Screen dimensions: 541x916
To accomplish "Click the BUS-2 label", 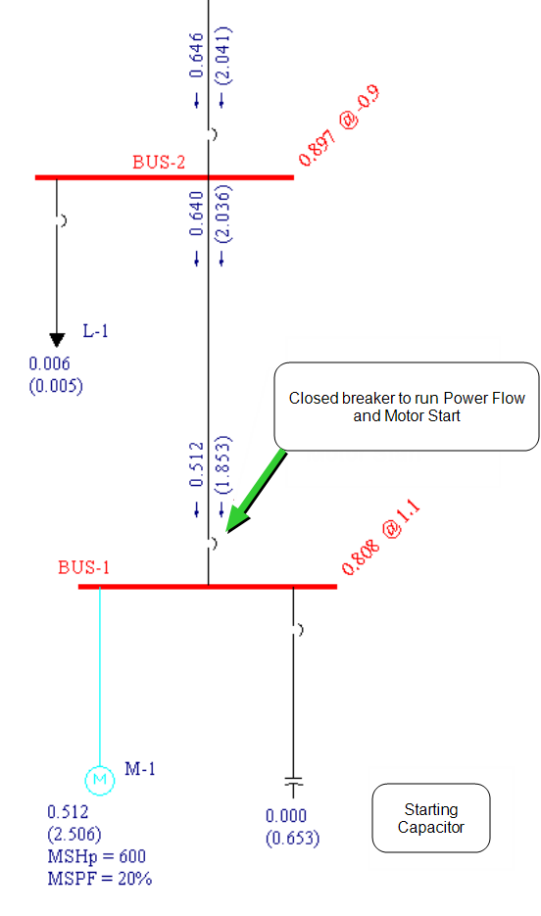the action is [159, 162].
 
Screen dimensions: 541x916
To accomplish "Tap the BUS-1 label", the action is [83, 567].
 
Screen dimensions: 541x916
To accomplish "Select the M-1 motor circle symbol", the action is [100, 780].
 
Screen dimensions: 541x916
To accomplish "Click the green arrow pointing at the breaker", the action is [256, 492].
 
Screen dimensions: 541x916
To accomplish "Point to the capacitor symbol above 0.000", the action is [293, 786].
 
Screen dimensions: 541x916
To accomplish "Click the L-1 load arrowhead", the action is [57, 340].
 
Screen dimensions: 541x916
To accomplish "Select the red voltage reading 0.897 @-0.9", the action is [339, 125].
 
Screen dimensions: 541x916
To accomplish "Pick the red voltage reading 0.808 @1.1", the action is [380, 538].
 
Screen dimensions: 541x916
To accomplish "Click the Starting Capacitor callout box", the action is [431, 818].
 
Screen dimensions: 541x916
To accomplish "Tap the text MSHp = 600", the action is [96, 856].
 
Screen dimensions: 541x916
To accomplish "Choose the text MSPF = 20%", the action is [99, 879].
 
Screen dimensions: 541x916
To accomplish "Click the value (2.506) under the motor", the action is [74, 835].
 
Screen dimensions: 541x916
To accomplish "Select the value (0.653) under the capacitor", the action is [293, 839].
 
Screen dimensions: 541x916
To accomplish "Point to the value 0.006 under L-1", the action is [50, 363].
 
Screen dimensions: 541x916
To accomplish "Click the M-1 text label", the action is [140, 769].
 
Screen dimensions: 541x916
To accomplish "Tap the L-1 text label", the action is [95, 331].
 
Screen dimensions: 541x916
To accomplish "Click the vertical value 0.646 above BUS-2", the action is [196, 55].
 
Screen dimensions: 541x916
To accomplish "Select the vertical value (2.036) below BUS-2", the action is [222, 214].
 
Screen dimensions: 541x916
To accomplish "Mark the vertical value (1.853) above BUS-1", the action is [222, 465].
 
